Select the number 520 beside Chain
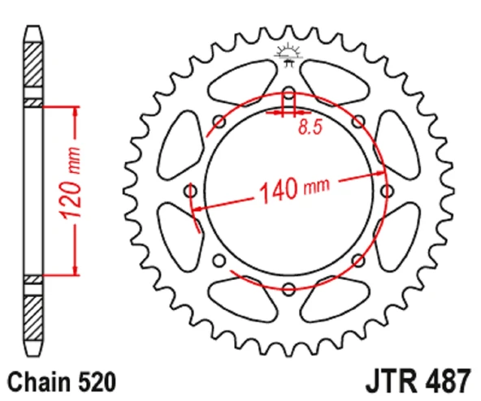(x=97, y=382)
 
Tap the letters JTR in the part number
(x=391, y=382)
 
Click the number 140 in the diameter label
(x=279, y=192)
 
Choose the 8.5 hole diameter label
(x=310, y=127)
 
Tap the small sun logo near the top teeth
(x=288, y=54)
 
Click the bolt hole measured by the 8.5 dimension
(x=288, y=93)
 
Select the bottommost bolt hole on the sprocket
(x=288, y=289)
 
